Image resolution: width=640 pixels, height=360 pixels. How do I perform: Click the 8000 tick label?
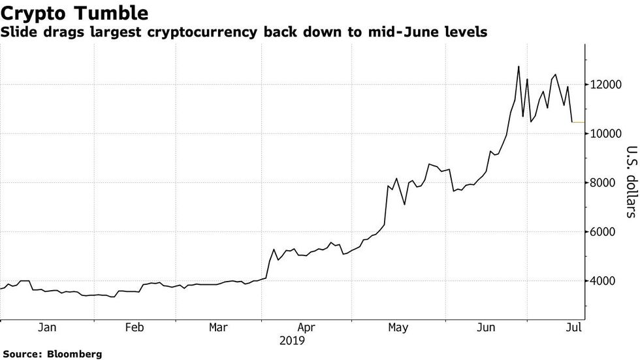[605, 183]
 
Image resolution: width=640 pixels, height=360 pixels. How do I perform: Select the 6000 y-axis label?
[605, 232]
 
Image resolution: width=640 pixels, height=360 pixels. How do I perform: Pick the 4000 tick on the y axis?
[605, 281]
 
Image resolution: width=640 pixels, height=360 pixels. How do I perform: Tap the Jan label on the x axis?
[46, 327]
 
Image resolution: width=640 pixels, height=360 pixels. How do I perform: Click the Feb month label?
[134, 327]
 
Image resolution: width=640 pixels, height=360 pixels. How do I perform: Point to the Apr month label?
[306, 327]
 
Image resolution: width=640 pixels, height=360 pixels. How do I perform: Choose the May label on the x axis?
[398, 327]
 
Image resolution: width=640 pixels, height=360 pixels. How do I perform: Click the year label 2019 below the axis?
[292, 340]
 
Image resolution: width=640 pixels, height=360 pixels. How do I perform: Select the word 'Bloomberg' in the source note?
[74, 353]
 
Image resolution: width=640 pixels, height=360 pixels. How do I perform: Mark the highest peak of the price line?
[519, 66]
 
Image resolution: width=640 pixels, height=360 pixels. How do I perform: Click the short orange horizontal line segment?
[579, 122]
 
